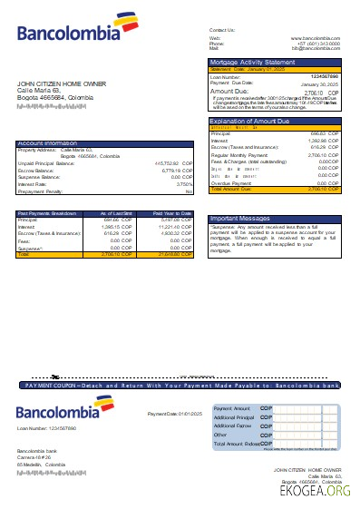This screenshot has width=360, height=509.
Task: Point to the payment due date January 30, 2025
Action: pyautogui.click(x=322, y=83)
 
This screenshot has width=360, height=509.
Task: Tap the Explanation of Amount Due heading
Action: pyautogui.click(x=249, y=120)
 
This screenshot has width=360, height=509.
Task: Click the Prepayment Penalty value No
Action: pyautogui.click(x=189, y=192)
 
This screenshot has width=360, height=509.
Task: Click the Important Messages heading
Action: pyautogui.click(x=240, y=220)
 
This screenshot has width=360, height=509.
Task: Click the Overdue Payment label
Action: pyautogui.click(x=232, y=182)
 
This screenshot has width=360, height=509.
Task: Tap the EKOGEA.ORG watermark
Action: pyautogui.click(x=308, y=491)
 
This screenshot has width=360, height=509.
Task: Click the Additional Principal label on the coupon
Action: pyautogui.click(x=233, y=417)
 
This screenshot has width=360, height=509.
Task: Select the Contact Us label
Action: pyautogui.click(x=221, y=30)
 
